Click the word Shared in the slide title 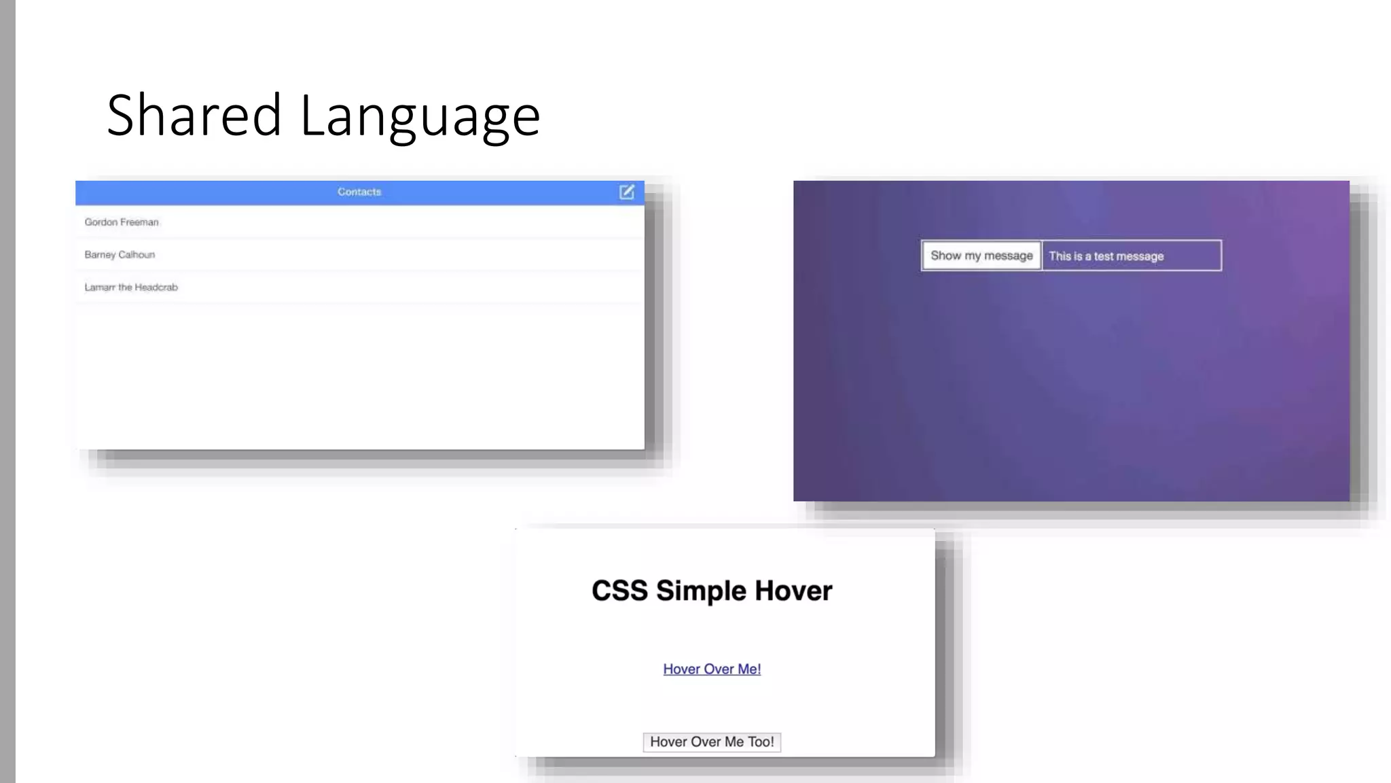[x=194, y=116]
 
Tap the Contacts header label [x=359, y=192]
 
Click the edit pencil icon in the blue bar [x=627, y=192]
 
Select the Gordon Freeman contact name [x=122, y=222]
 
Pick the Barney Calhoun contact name [x=120, y=255]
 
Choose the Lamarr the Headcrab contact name [x=131, y=288]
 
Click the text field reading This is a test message [x=1132, y=256]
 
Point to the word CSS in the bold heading [x=619, y=591]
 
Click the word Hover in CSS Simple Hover [x=793, y=591]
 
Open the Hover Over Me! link [x=712, y=669]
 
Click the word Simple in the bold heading [x=701, y=591]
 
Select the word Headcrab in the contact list [x=156, y=288]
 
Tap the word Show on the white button [x=945, y=256]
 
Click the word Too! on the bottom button [x=761, y=742]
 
